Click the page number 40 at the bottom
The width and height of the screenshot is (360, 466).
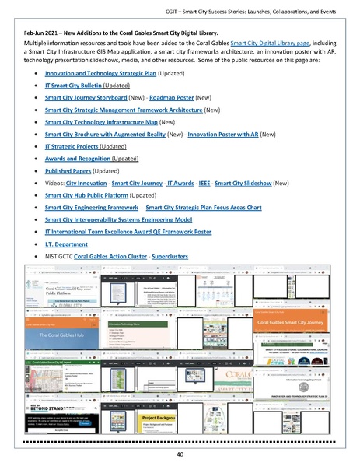tap(180, 454)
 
